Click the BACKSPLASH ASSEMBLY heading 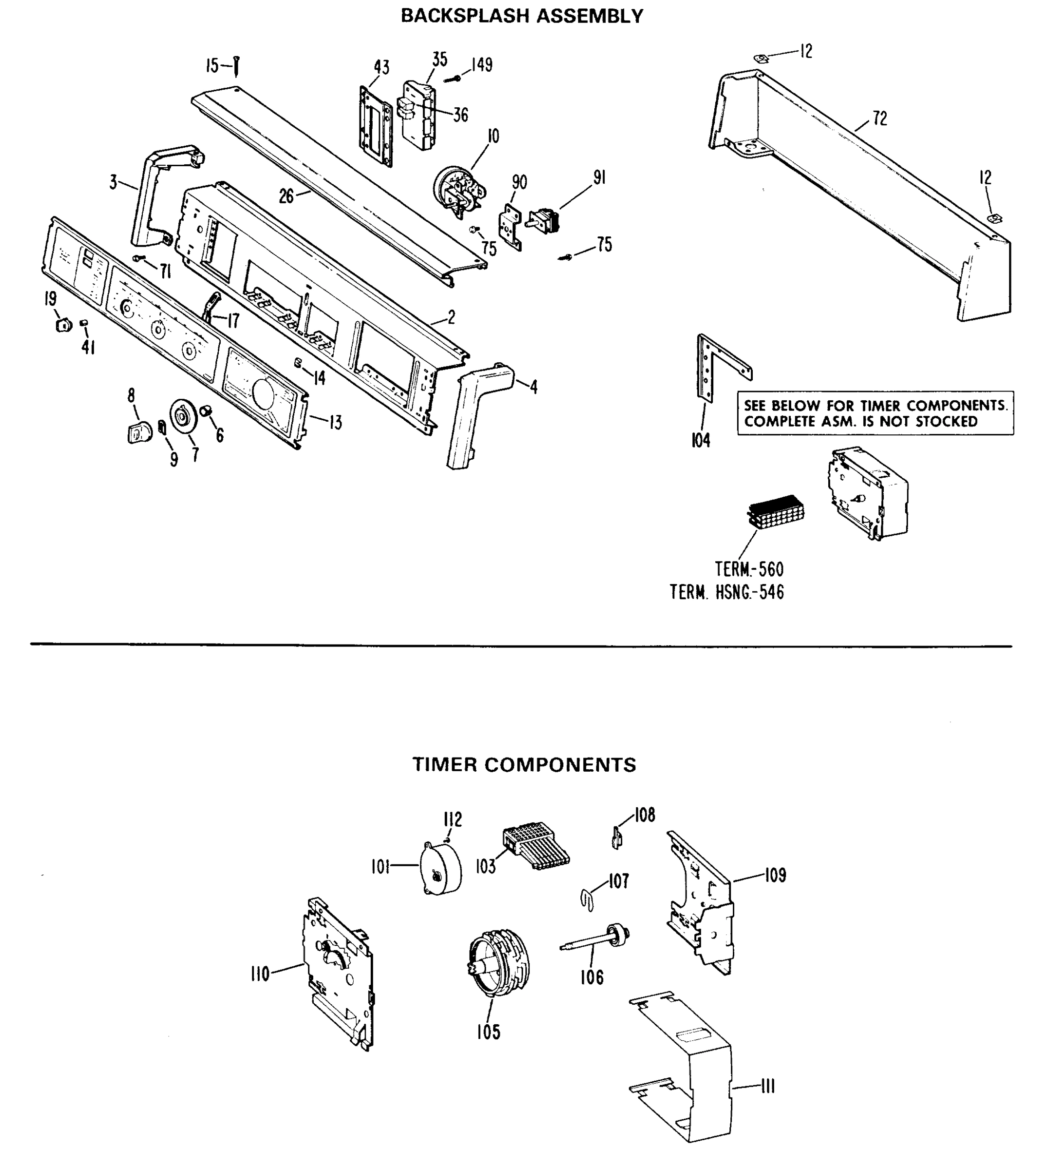tap(522, 16)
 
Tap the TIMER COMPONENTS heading tap(524, 764)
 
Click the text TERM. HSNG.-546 tap(727, 592)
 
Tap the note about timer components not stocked tap(875, 413)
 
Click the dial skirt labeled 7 tap(184, 415)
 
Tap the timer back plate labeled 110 tap(337, 974)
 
